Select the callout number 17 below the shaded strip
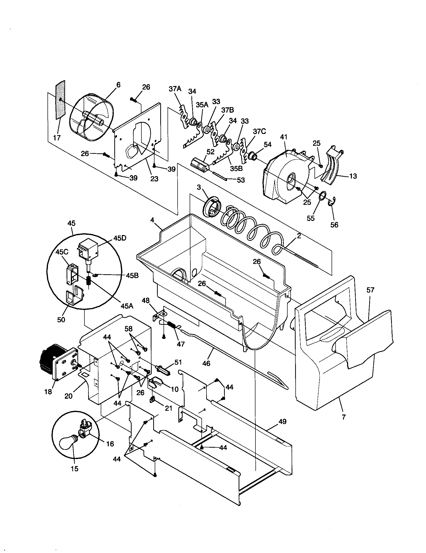pyautogui.click(x=57, y=138)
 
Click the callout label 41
pyautogui.click(x=284, y=137)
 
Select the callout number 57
pyautogui.click(x=370, y=290)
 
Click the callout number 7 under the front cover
pyautogui.click(x=344, y=417)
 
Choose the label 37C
pyautogui.click(x=259, y=132)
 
